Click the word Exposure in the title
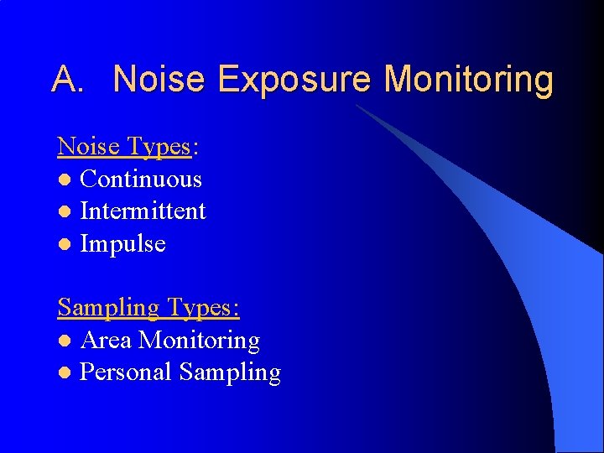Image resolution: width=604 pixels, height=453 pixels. [294, 81]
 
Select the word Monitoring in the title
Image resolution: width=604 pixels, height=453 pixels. [469, 81]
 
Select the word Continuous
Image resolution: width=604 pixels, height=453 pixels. [141, 180]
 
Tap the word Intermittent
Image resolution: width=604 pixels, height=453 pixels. [143, 211]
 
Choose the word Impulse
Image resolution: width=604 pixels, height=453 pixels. [122, 244]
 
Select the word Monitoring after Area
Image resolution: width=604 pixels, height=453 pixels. [199, 341]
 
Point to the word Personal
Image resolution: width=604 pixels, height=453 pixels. [126, 372]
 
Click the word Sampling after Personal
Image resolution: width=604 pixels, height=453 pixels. [230, 373]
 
